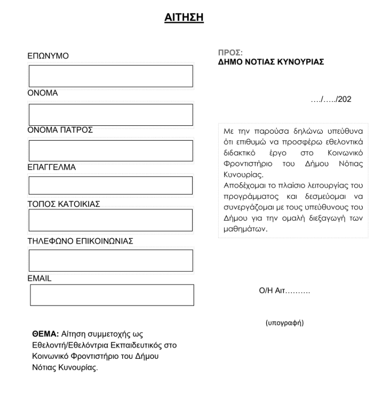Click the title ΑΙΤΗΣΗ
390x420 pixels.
pos(184,18)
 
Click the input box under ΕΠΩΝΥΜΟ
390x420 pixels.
pos(110,76)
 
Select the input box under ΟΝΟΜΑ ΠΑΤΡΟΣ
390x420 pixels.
pos(110,151)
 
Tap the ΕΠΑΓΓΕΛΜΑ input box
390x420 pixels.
pos(110,185)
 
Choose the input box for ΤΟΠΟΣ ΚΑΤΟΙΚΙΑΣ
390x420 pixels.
pos(110,220)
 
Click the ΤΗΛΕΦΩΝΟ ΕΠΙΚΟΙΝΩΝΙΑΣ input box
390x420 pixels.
pos(110,261)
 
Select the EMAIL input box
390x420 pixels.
pos(112,295)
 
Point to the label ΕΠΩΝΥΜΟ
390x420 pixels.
pos(48,56)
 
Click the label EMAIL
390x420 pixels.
pos(39,278)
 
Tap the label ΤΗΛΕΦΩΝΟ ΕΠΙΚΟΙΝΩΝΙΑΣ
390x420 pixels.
pos(80,241)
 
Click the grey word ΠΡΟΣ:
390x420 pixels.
pos(230,53)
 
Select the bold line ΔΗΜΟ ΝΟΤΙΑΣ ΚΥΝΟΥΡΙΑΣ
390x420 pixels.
pos(271,61)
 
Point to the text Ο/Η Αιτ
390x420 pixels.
pos(284,291)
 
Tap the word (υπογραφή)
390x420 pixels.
pos(284,323)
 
